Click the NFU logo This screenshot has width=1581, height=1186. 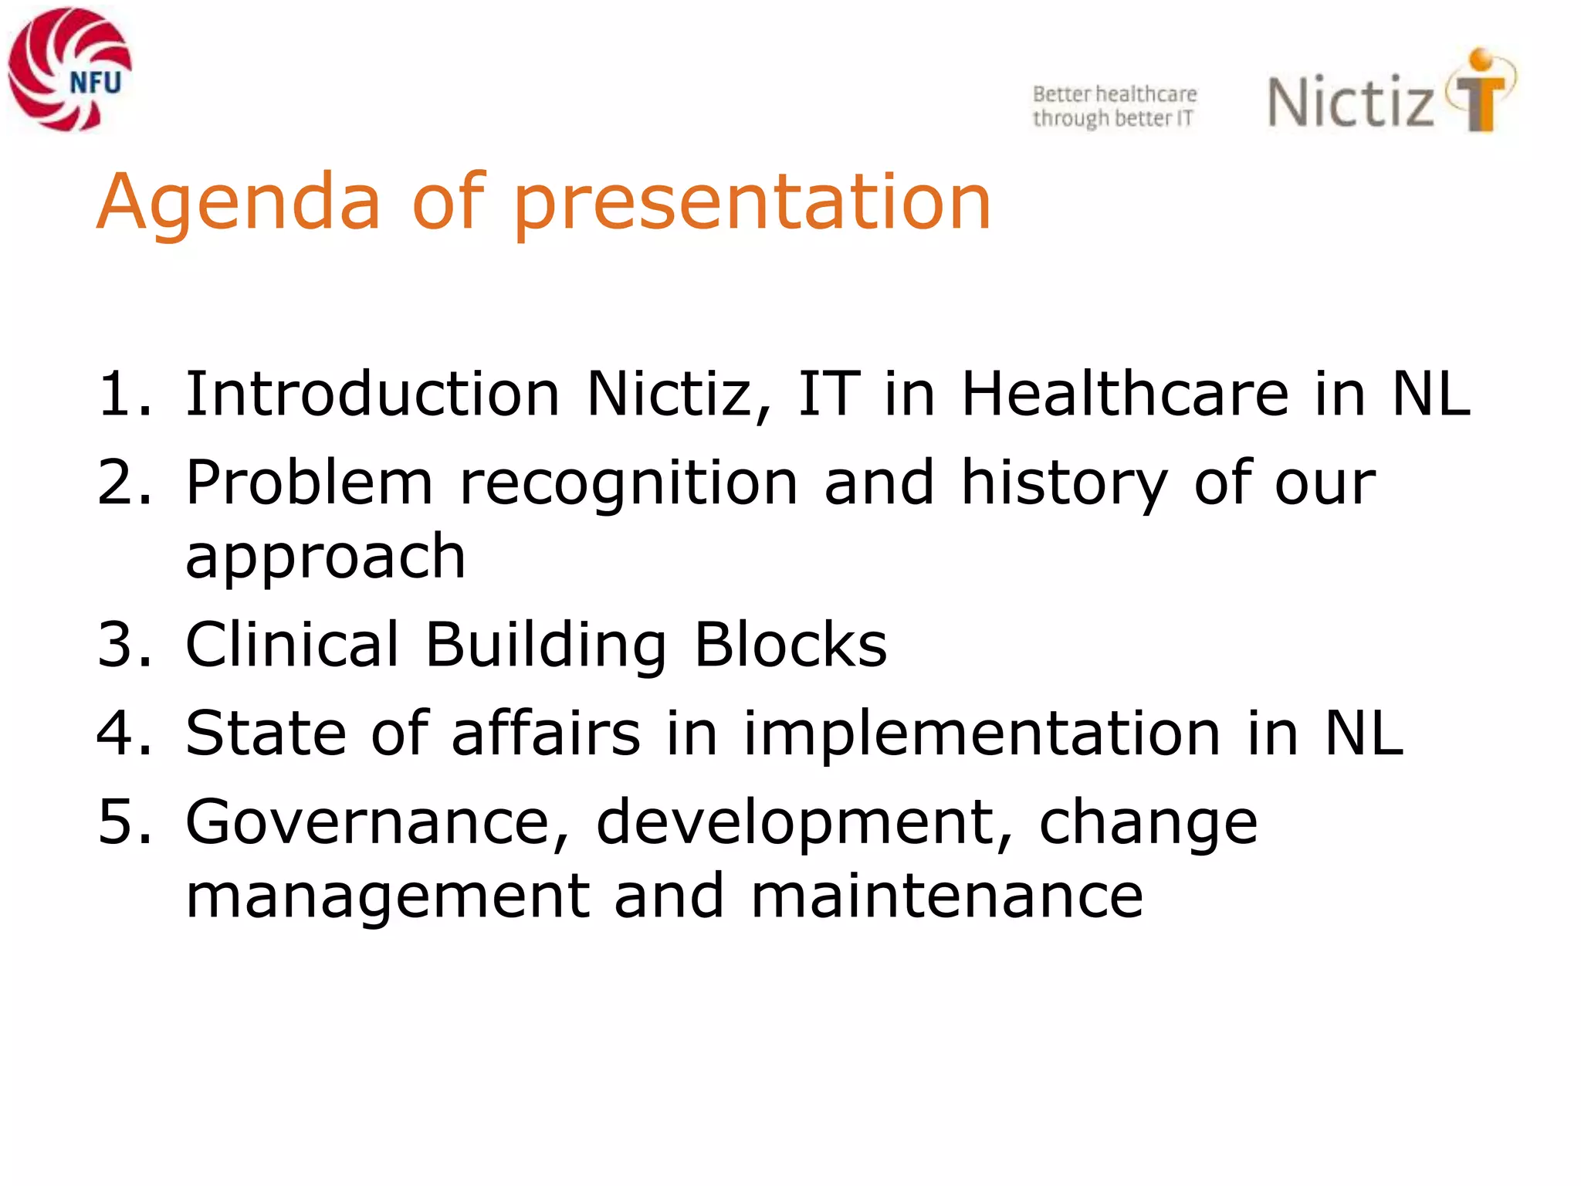69,69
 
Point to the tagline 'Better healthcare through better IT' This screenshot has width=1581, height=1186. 1115,106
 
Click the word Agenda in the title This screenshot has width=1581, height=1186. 239,202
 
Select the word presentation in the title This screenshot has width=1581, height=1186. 753,202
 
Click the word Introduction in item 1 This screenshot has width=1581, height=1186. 373,395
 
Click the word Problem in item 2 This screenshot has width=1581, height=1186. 309,483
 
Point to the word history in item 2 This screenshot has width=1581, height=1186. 1065,483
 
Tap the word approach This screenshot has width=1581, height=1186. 326,557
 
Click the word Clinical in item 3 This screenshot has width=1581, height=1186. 293,645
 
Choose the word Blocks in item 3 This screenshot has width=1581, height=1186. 790,645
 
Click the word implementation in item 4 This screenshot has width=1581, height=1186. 981,734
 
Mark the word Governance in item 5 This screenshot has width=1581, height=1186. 377,822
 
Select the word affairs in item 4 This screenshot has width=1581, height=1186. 546,734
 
